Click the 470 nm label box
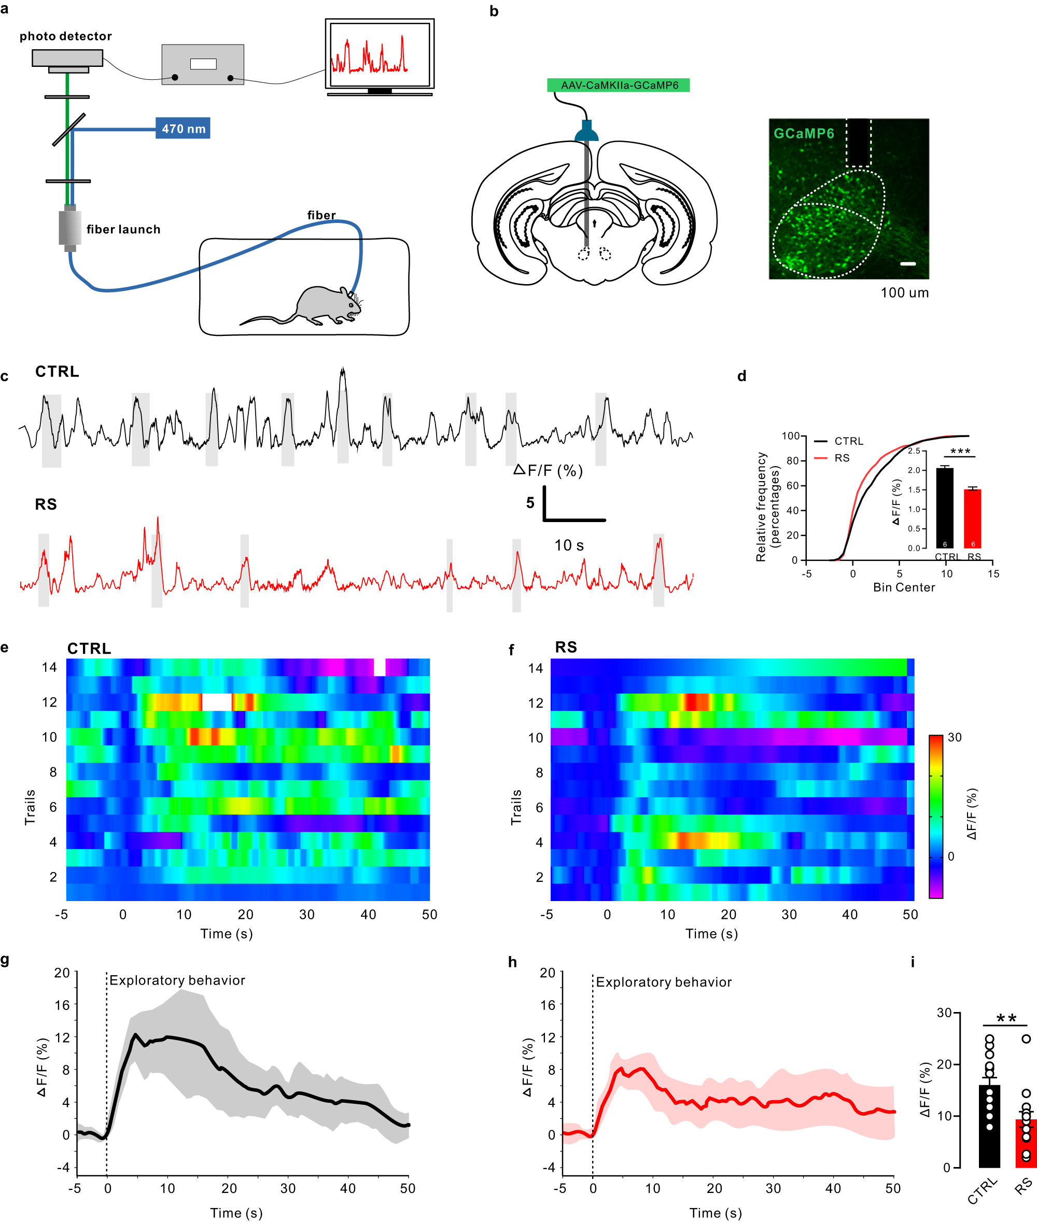183,128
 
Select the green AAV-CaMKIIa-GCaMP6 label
618,85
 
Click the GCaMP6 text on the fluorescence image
804,133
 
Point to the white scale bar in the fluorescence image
908,264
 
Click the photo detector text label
65,36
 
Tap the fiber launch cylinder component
70,228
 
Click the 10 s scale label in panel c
568,545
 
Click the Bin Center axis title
904,587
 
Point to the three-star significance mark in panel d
960,452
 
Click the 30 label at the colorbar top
955,738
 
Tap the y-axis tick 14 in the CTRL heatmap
49,667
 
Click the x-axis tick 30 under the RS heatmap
789,915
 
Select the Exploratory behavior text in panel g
177,980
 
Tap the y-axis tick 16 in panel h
548,1005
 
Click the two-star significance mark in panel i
1006,1019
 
